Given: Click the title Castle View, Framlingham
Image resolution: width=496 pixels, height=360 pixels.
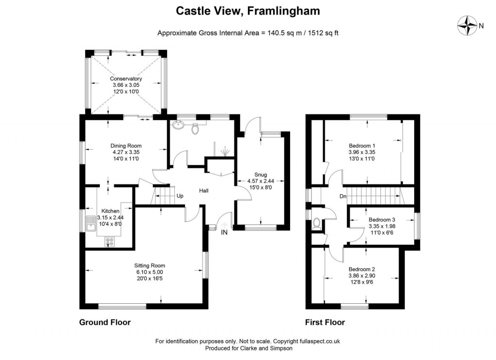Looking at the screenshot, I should (248, 11).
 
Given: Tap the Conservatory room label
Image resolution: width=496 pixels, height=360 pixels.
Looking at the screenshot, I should (126, 78).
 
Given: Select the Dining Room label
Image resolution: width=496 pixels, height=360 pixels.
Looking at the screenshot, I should (126, 145).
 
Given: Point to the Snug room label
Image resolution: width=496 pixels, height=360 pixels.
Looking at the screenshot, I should (261, 175).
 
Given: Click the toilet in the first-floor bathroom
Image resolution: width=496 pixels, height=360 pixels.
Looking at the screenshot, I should (317, 223).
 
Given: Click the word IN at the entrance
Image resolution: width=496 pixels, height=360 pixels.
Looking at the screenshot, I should (224, 233).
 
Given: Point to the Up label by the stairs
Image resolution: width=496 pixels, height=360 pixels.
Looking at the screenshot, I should (180, 196).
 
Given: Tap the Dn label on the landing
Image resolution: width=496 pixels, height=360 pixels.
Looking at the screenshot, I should (342, 196).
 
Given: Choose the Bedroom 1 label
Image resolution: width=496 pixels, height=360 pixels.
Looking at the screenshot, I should (362, 145).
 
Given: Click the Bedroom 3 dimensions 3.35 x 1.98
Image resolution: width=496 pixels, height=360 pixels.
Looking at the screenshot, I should (382, 226).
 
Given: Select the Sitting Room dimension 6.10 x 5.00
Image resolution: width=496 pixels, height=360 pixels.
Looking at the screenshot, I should (150, 272).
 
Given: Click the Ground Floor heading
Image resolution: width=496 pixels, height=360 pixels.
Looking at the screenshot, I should (105, 322).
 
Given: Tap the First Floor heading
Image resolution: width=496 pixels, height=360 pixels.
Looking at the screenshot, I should (325, 322).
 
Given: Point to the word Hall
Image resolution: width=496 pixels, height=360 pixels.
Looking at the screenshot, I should (204, 191).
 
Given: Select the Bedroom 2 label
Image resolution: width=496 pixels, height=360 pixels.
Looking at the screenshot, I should (362, 269).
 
